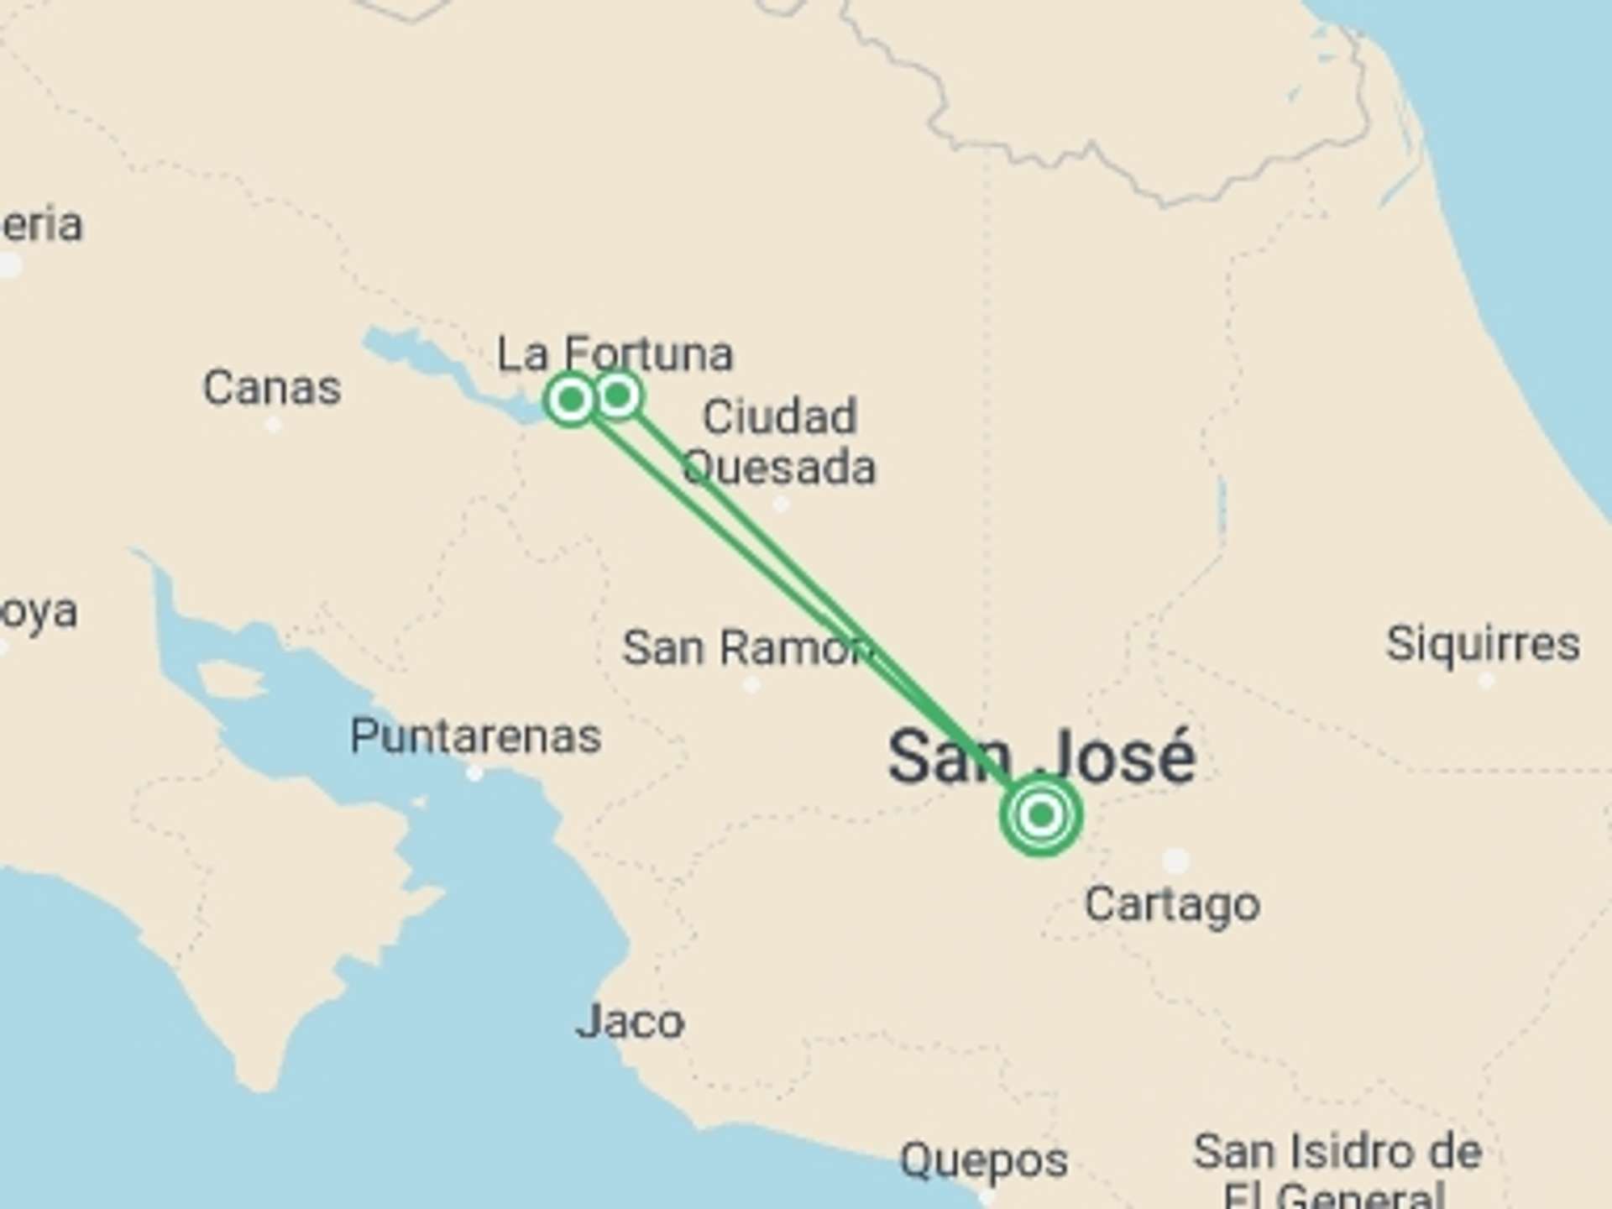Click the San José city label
[1041, 756]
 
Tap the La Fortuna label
[615, 353]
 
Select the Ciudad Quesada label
[779, 442]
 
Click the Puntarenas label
[475, 736]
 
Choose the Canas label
[272, 388]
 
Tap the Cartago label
[1172, 905]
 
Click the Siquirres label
[1483, 645]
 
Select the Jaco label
[630, 1022]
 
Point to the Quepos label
[984, 1161]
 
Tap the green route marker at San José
[1041, 814]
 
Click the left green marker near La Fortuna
[571, 400]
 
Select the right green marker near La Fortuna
[618, 395]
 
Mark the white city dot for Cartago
[1175, 860]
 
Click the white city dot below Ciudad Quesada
[781, 505]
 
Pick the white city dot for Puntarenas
[474, 772]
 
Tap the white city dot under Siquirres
[1486, 680]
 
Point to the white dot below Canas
[273, 425]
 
